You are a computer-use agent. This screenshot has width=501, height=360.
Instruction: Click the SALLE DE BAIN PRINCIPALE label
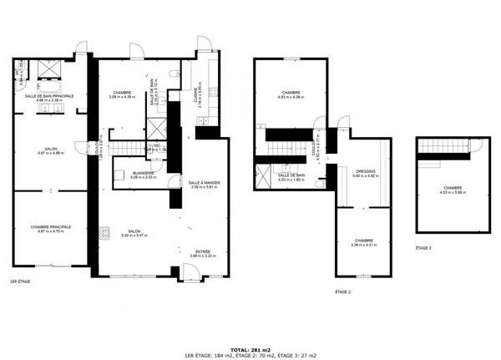(x=49, y=96)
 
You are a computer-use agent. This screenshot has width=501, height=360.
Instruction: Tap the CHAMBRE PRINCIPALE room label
(x=50, y=226)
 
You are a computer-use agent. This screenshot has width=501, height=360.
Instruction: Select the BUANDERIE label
(x=132, y=173)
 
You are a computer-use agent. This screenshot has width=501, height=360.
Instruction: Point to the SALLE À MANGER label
(x=203, y=182)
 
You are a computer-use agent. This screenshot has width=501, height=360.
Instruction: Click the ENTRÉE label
(x=203, y=251)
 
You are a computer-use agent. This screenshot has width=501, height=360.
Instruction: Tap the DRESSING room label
(x=366, y=171)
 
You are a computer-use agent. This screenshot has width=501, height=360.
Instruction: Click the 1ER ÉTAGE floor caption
(x=20, y=281)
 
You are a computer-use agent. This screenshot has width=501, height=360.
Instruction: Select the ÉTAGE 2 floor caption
(x=342, y=292)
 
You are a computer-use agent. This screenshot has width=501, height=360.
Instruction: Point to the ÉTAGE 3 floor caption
(x=424, y=248)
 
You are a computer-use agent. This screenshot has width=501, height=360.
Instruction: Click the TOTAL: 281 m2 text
(x=250, y=349)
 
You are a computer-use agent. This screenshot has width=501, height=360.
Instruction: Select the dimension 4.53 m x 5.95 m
(x=453, y=193)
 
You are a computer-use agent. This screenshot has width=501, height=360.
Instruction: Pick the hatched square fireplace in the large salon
(x=104, y=234)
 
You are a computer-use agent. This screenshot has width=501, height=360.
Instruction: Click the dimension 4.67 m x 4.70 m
(x=50, y=231)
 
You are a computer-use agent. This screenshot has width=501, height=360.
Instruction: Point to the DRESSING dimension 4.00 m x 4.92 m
(x=366, y=176)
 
